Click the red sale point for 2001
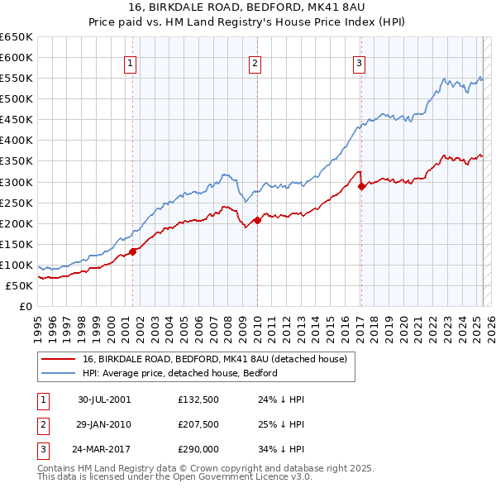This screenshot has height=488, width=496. click(x=133, y=251)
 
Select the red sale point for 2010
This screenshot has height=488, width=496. click(x=257, y=220)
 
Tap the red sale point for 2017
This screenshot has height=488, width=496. click(x=361, y=186)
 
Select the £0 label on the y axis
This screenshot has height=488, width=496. click(x=25, y=306)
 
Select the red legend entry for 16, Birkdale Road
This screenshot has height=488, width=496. click(x=218, y=359)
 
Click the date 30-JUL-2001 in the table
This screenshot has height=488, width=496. click(x=104, y=399)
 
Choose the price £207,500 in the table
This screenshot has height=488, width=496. click(x=198, y=425)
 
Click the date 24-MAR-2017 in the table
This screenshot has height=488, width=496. click(x=104, y=451)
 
